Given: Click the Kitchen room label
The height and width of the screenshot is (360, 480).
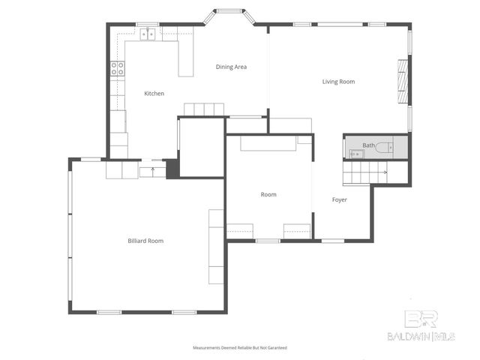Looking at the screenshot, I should pos(154,94).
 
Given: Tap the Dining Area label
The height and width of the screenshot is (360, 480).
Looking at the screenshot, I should pos(231,67).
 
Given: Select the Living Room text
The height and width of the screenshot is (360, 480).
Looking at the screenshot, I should pos(338,82).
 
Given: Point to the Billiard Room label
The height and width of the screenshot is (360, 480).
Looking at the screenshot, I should pos(145,241).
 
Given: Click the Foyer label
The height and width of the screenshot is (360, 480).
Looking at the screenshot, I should pos(340,199).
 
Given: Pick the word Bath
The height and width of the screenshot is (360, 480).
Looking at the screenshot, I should pos(368,145).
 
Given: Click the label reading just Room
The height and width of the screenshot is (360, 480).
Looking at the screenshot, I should pos(268,195).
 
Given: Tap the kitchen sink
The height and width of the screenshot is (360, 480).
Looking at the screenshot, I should pos(149,34).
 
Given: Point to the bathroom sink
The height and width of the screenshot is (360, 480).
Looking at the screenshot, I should pos(354,154).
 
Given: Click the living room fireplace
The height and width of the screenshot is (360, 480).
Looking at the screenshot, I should pos(403,81).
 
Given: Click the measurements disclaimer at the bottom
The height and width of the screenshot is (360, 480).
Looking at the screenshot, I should pos(239,348).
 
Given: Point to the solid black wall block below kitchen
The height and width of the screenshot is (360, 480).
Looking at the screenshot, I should pos(172,169).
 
